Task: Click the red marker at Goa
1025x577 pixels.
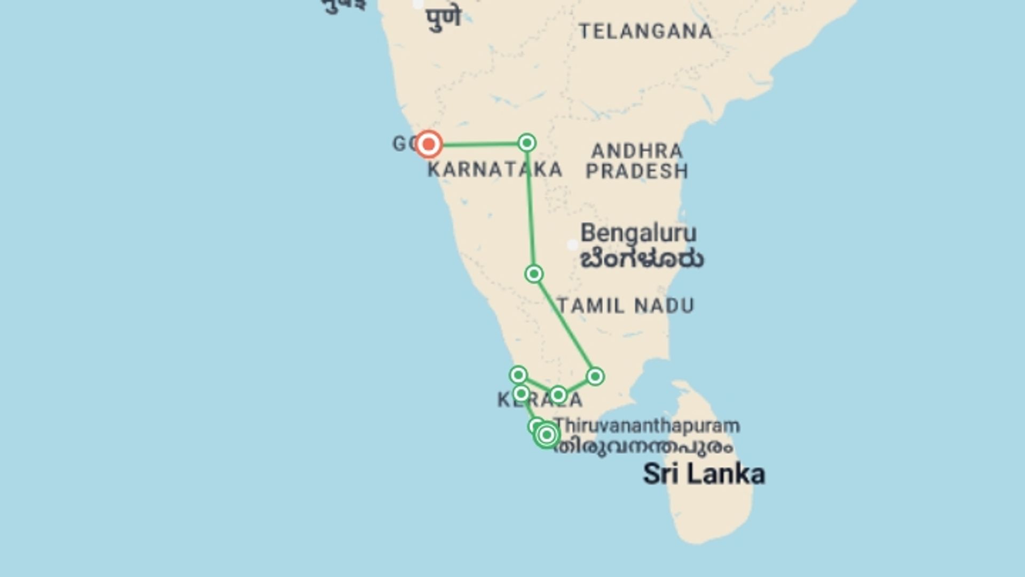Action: click(x=428, y=144)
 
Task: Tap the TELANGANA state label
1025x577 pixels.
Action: click(x=645, y=32)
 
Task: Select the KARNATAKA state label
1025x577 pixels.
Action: click(x=494, y=170)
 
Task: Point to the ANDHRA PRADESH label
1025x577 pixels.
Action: click(x=637, y=161)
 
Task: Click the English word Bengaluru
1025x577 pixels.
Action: click(x=638, y=233)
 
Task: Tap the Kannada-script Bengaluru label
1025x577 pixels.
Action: click(x=642, y=260)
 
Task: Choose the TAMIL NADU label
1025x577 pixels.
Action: click(x=626, y=306)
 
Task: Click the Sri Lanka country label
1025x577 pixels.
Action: click(x=704, y=474)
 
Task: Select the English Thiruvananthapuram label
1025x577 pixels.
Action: click(x=647, y=426)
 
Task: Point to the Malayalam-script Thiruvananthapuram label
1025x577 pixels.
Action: click(x=644, y=447)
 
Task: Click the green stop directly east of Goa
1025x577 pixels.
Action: click(x=527, y=143)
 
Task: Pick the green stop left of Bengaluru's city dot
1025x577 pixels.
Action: click(x=534, y=274)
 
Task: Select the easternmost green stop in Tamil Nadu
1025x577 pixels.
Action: click(x=595, y=376)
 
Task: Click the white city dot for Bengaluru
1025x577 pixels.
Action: click(x=572, y=245)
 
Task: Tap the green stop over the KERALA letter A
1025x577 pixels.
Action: click(x=558, y=395)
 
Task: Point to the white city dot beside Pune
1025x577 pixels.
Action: click(x=419, y=4)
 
